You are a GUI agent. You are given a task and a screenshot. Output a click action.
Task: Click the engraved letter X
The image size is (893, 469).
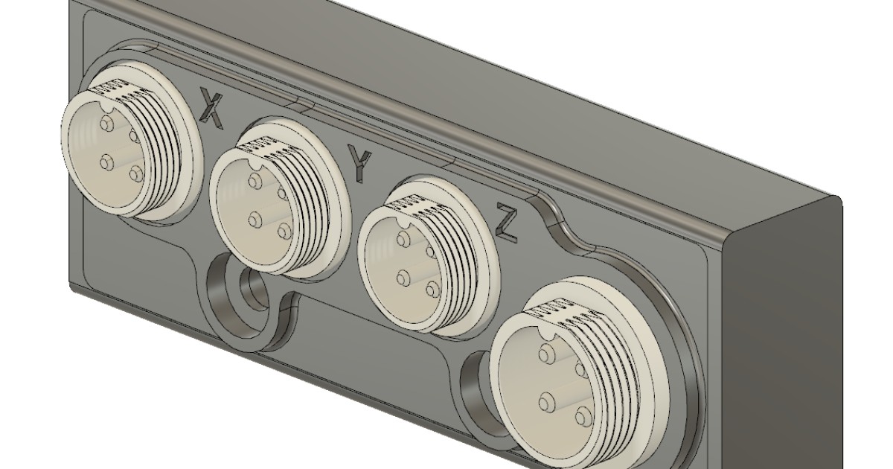[212, 106]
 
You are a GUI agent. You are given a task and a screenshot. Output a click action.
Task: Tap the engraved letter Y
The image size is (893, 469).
[360, 163]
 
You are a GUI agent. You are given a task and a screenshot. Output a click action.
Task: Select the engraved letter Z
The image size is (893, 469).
[507, 222]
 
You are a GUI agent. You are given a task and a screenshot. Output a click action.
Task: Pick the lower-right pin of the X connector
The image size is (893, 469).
[135, 174]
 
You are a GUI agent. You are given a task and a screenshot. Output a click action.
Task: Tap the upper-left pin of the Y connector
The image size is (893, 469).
[255, 182]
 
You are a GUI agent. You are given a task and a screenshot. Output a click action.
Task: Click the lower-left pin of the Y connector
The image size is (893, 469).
[256, 219]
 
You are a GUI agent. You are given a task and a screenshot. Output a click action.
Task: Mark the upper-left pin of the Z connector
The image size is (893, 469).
[403, 240]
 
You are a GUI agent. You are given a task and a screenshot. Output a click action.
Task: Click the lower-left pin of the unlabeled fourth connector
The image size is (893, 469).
[548, 403]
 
